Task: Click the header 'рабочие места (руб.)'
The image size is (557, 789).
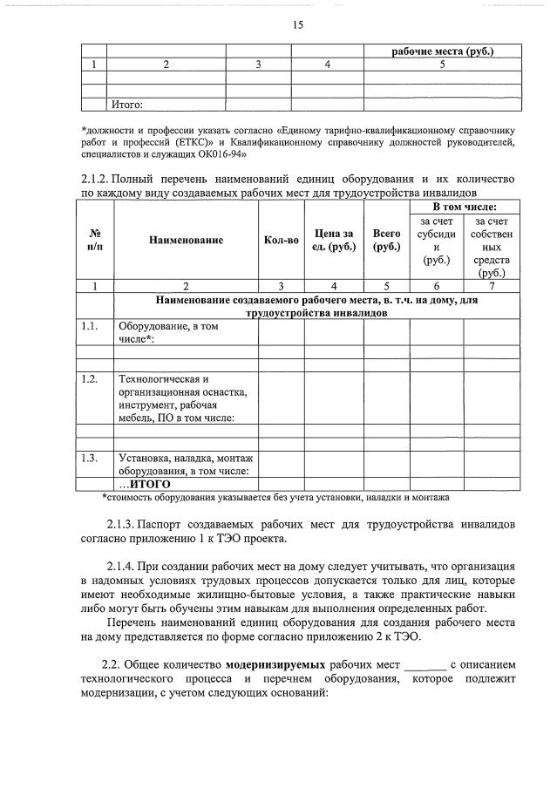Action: point(443,52)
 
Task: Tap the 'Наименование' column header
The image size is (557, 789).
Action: point(185,240)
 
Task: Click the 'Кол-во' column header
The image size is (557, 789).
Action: point(281,240)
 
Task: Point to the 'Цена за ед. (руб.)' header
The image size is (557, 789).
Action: point(333,240)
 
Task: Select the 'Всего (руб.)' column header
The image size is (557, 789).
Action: point(386,240)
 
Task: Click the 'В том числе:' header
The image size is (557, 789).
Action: point(465,207)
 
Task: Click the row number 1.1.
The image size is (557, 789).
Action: point(88,326)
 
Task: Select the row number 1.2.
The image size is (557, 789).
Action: point(88,379)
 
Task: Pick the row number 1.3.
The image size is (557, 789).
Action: point(88,458)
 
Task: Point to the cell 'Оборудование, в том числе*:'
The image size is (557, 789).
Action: point(161,332)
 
